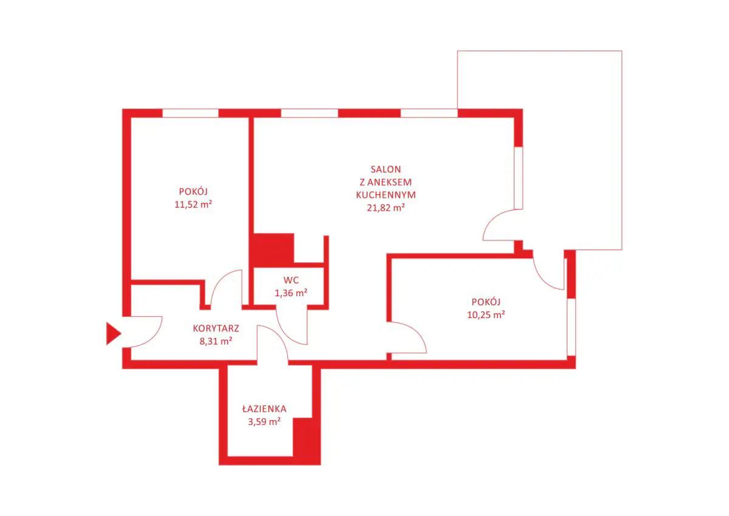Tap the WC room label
pyautogui.click(x=290, y=280)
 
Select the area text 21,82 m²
pyautogui.click(x=386, y=208)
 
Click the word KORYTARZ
pyautogui.click(x=216, y=328)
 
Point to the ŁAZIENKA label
pyautogui.click(x=263, y=409)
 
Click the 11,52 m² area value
pyautogui.click(x=193, y=205)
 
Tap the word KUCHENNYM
pyautogui.click(x=386, y=195)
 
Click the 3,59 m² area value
pyautogui.click(x=263, y=421)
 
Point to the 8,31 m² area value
pyautogui.click(x=216, y=341)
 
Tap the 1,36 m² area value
pyautogui.click(x=290, y=293)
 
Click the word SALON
pyautogui.click(x=386, y=169)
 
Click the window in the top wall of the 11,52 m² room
pyautogui.click(x=190, y=113)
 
